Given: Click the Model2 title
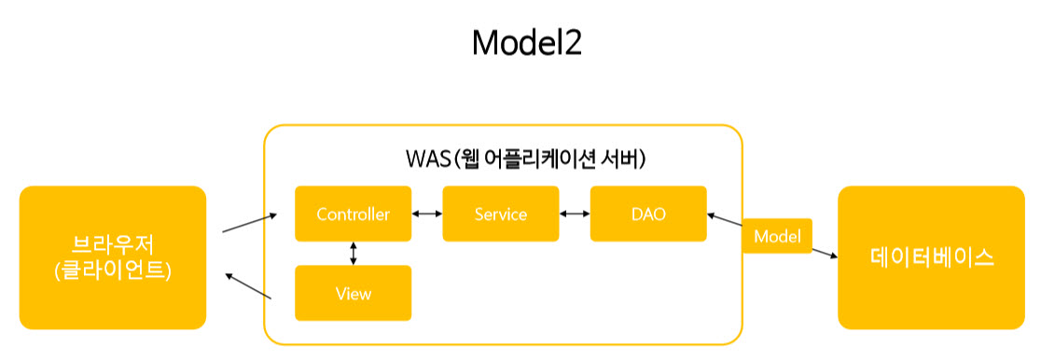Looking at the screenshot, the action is click(x=526, y=44).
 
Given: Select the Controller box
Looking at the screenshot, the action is click(x=354, y=214).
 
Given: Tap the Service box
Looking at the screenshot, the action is click(x=501, y=214).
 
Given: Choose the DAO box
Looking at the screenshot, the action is click(x=648, y=214).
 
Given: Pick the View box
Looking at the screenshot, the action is click(x=354, y=293).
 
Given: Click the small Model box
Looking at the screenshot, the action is click(x=777, y=236).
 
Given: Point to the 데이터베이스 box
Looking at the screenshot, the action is click(x=932, y=257).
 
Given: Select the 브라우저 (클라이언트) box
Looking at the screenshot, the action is click(x=113, y=257).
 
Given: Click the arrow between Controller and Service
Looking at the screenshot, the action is click(x=427, y=214).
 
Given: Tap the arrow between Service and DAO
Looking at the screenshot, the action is click(x=575, y=214).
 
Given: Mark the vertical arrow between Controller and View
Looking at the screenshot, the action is click(x=354, y=253).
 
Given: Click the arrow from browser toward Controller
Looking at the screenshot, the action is click(x=250, y=223).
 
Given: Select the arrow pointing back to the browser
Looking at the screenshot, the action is click(x=249, y=286).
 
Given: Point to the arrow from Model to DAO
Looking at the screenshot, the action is click(x=725, y=219).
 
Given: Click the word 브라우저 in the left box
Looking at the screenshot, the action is click(x=113, y=246).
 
